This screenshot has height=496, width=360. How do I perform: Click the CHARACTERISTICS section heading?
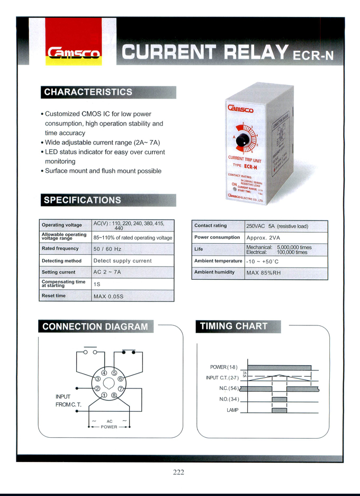click(88, 92)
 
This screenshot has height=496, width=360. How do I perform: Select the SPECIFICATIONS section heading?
click(82, 200)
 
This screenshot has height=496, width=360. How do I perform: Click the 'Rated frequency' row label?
click(60, 249)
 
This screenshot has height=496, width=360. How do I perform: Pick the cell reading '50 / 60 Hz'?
click(107, 249)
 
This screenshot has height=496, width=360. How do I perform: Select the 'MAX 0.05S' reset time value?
click(109, 296)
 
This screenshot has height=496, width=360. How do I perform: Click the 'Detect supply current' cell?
click(122, 261)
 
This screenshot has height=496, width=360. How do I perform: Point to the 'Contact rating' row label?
click(210, 226)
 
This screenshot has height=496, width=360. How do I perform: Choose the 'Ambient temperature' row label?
click(218, 261)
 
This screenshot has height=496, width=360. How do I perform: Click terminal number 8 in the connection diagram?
click(114, 395)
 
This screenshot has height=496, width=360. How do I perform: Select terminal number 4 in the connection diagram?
click(104, 373)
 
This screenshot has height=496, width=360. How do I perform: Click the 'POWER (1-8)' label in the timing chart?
click(224, 367)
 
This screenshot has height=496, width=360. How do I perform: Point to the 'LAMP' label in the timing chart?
click(232, 410)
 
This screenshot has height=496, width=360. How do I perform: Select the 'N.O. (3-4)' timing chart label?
click(229, 399)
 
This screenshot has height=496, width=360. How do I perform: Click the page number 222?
click(178, 472)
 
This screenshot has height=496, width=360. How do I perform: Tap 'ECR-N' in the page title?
click(313, 55)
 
